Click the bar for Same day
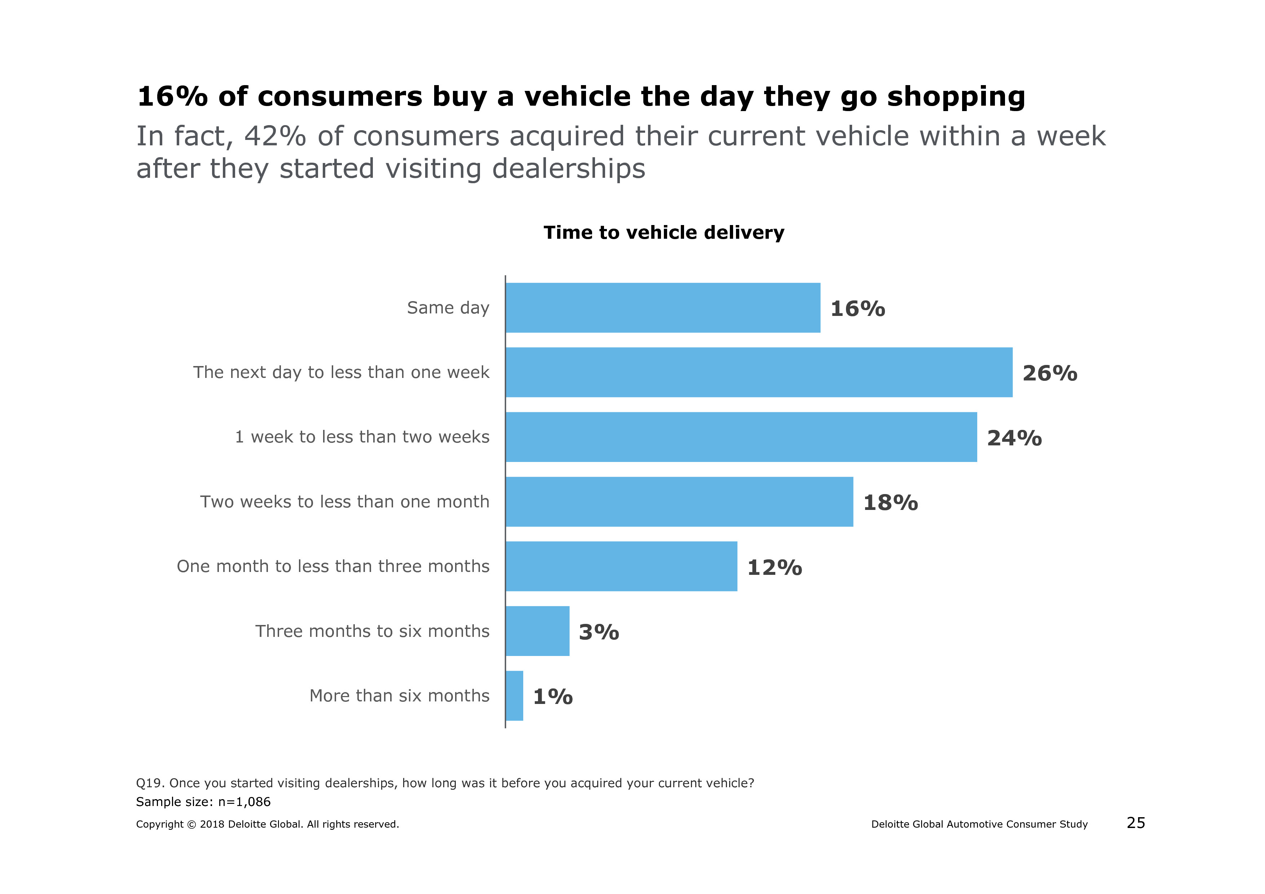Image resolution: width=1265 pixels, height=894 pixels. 663,308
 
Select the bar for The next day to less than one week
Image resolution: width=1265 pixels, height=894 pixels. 759,373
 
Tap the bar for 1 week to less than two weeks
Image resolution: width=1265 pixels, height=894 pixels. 741,437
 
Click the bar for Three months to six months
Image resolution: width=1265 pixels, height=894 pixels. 537,631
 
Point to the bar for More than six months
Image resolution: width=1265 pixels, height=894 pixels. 515,696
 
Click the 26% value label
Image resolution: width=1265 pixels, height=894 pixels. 1050,374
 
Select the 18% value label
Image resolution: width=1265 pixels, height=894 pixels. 890,503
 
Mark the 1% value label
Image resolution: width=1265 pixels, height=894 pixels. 552,697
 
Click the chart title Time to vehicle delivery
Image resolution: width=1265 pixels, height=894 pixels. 664,233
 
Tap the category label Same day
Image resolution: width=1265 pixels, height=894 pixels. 448,308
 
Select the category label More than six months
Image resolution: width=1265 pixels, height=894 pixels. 400,696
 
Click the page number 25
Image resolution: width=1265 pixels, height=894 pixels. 1136,823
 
